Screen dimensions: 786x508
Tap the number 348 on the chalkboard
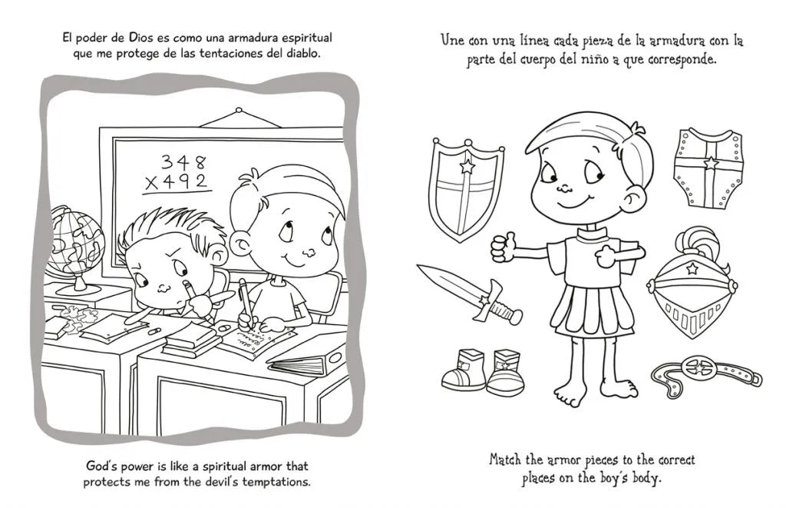[x=183, y=162]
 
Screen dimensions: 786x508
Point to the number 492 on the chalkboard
[x=186, y=181]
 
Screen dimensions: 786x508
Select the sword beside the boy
[x=469, y=294]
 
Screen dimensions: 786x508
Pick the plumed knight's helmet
[x=692, y=286]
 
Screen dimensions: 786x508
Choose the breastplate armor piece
[x=708, y=168]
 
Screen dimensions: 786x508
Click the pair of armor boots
[x=484, y=371]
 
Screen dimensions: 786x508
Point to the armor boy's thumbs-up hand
[x=504, y=247]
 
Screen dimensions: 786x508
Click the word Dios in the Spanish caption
[x=143, y=38]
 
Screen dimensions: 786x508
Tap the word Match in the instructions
[x=507, y=460]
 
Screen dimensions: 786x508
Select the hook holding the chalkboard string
[x=239, y=110]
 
